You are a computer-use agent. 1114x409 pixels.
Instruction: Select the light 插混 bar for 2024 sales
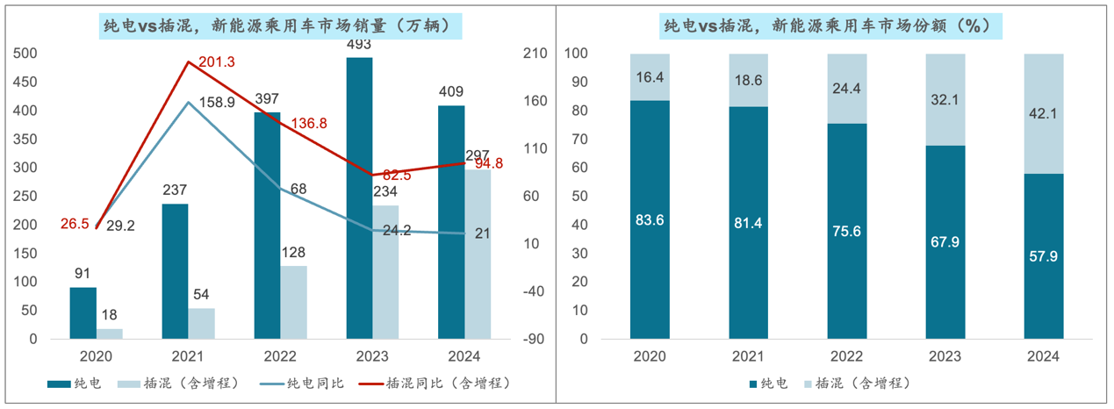(478, 255)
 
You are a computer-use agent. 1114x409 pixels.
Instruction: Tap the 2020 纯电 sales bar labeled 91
(83, 312)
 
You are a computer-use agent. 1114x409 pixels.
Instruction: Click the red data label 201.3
(217, 61)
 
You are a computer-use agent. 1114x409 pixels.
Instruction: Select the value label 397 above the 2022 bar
(268, 98)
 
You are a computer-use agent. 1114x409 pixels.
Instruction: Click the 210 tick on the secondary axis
(535, 54)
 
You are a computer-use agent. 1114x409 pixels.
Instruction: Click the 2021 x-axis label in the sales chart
(189, 357)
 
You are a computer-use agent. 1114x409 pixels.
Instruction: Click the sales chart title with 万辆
(281, 26)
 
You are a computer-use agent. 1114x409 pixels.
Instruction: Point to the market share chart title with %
(832, 26)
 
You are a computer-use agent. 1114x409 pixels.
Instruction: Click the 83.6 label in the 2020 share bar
(650, 219)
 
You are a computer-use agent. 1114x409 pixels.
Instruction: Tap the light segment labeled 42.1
(1044, 112)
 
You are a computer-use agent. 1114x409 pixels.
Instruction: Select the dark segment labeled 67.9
(945, 241)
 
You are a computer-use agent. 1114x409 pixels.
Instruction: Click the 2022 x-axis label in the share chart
(846, 357)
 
